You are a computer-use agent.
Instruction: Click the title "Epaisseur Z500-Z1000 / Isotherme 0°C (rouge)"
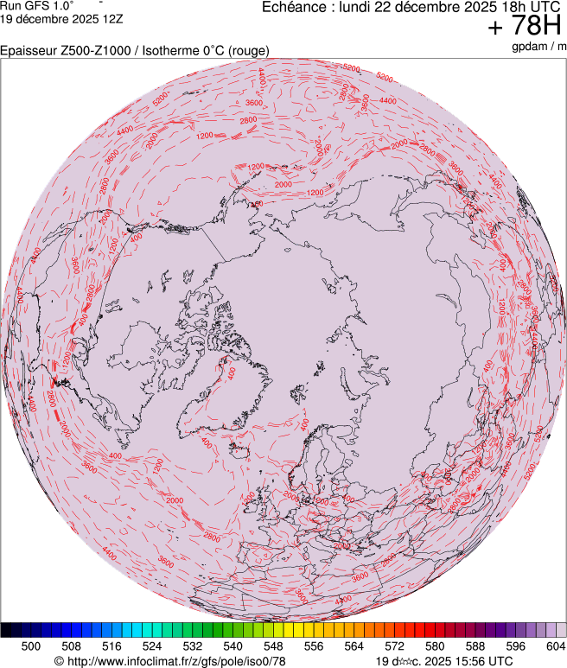135,51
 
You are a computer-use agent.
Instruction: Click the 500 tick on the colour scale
31,646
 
